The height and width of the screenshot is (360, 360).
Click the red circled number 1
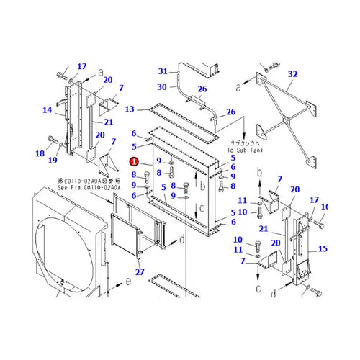(135, 163)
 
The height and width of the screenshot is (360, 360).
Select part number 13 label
(130, 109)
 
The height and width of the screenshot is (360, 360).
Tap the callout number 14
(48, 110)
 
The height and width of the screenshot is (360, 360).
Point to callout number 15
(322, 249)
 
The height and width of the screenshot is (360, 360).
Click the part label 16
(324, 207)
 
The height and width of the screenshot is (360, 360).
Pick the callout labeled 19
(52, 161)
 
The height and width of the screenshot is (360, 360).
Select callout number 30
(163, 87)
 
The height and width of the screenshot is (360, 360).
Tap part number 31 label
(163, 71)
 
